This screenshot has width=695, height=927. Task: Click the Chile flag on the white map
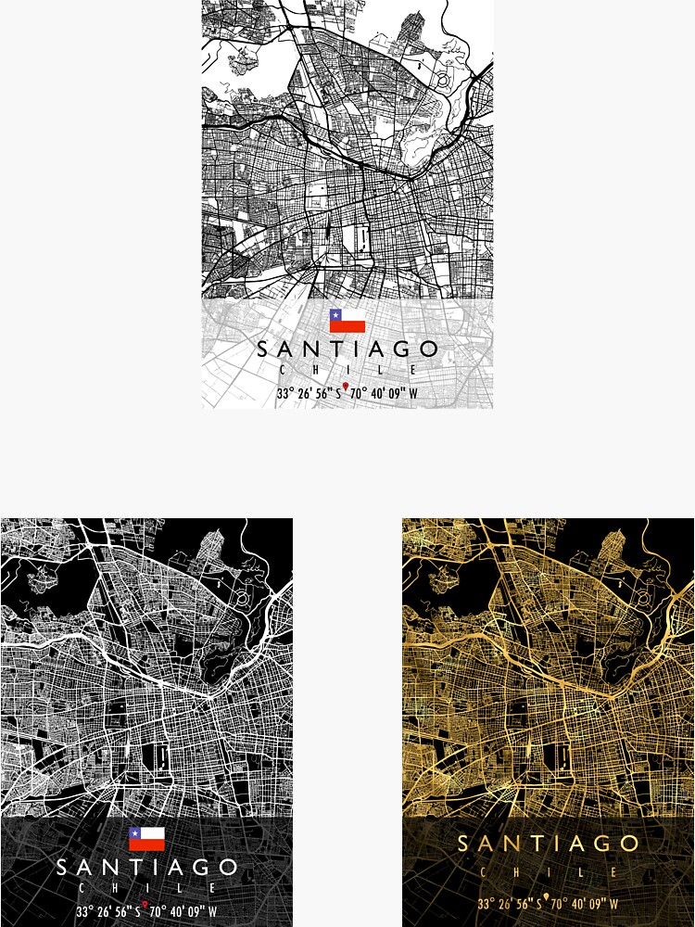pos(347,321)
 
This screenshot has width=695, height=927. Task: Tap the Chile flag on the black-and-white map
pos(146,839)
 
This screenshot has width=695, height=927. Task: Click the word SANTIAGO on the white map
pos(347,349)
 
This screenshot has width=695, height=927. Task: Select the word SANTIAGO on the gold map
pos(549,844)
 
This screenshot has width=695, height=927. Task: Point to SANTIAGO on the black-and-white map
pos(146,869)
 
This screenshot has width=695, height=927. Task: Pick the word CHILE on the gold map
pos(549,872)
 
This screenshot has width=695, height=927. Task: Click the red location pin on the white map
pos(346,387)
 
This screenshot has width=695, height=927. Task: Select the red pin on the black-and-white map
pos(145,905)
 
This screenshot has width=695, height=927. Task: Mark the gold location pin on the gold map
pos(546,897)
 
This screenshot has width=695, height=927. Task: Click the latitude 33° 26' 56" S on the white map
pos(309,394)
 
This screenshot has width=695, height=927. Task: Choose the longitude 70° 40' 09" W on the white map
pos(384,394)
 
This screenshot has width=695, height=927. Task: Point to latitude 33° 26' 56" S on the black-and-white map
pos(107,912)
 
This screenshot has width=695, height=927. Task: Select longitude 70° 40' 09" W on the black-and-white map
pos(183,912)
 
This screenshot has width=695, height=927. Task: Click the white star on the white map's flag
pos(335,315)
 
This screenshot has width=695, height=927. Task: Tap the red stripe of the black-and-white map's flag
pos(146,845)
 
